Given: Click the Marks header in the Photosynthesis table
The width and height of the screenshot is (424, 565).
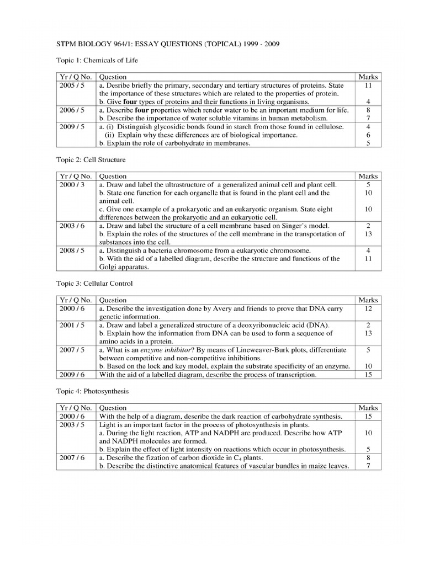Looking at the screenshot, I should (368, 408).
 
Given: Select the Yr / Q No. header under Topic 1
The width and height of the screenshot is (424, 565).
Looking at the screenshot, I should (76, 77).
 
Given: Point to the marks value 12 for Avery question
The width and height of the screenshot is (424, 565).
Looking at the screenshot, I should (368, 309).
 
